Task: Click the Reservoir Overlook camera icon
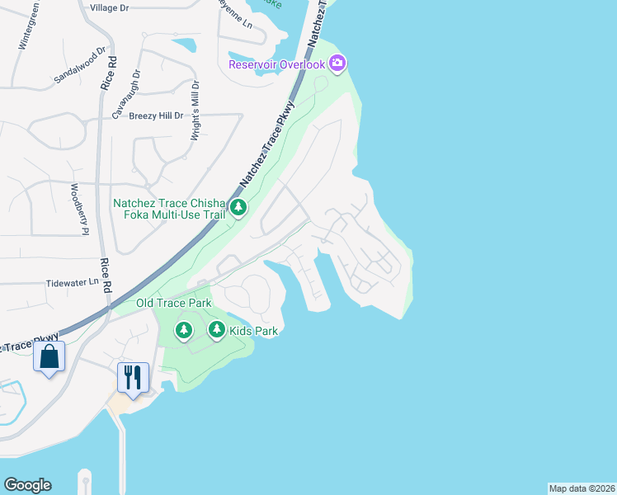(x=337, y=63)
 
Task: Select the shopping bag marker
(x=49, y=358)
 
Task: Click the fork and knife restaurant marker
(x=133, y=377)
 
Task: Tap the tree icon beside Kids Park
(x=216, y=331)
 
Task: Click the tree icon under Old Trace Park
(x=183, y=331)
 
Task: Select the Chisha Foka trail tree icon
(x=238, y=207)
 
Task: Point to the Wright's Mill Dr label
(x=195, y=111)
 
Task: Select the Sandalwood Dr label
(x=80, y=64)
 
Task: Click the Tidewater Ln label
(x=72, y=282)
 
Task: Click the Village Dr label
(x=110, y=7)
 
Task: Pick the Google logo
(x=27, y=485)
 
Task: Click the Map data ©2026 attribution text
(x=582, y=488)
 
